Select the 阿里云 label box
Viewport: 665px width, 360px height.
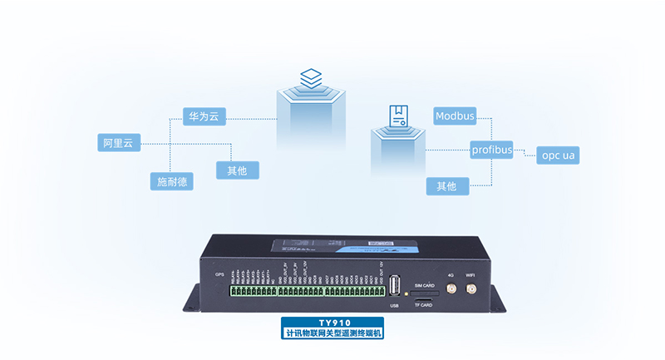[117, 143]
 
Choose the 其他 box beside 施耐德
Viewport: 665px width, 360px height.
[237, 170]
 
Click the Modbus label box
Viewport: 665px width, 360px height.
[455, 116]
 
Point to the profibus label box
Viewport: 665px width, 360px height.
[491, 150]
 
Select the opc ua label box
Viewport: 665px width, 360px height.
[558, 155]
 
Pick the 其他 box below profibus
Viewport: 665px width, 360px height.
[447, 185]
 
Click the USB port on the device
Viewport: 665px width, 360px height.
[394, 285]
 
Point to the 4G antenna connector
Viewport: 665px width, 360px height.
[450, 289]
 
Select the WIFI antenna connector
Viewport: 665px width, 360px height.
[470, 289]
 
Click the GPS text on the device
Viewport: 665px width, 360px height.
[219, 274]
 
